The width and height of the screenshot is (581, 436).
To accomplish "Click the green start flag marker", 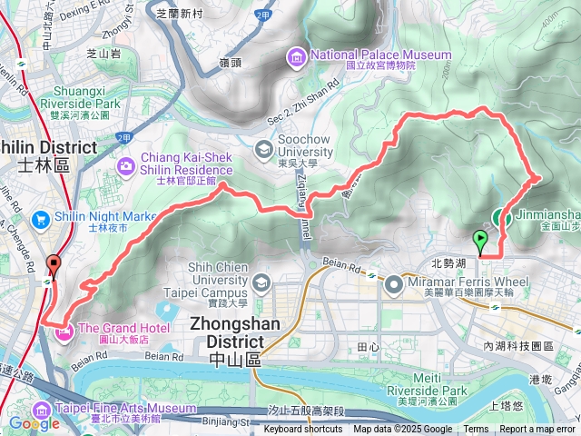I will click(x=480, y=241).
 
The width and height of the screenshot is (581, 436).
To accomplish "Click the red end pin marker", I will click(x=53, y=266).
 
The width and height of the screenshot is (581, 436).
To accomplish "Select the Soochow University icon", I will click(x=263, y=148).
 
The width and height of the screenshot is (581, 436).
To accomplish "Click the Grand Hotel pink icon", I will click(x=66, y=334).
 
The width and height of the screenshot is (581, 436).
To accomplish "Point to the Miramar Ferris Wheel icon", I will click(x=394, y=286).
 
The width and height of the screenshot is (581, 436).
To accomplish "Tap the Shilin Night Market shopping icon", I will click(x=40, y=219).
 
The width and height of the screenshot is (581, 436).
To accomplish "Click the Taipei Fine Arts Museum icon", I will click(x=41, y=410).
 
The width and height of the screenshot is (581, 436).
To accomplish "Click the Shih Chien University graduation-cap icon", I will click(x=261, y=284).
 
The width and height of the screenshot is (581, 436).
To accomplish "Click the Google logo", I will click(x=34, y=423).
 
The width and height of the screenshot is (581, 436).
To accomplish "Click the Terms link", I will click(x=476, y=430).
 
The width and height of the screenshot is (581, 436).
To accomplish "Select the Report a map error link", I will click(x=537, y=430).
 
